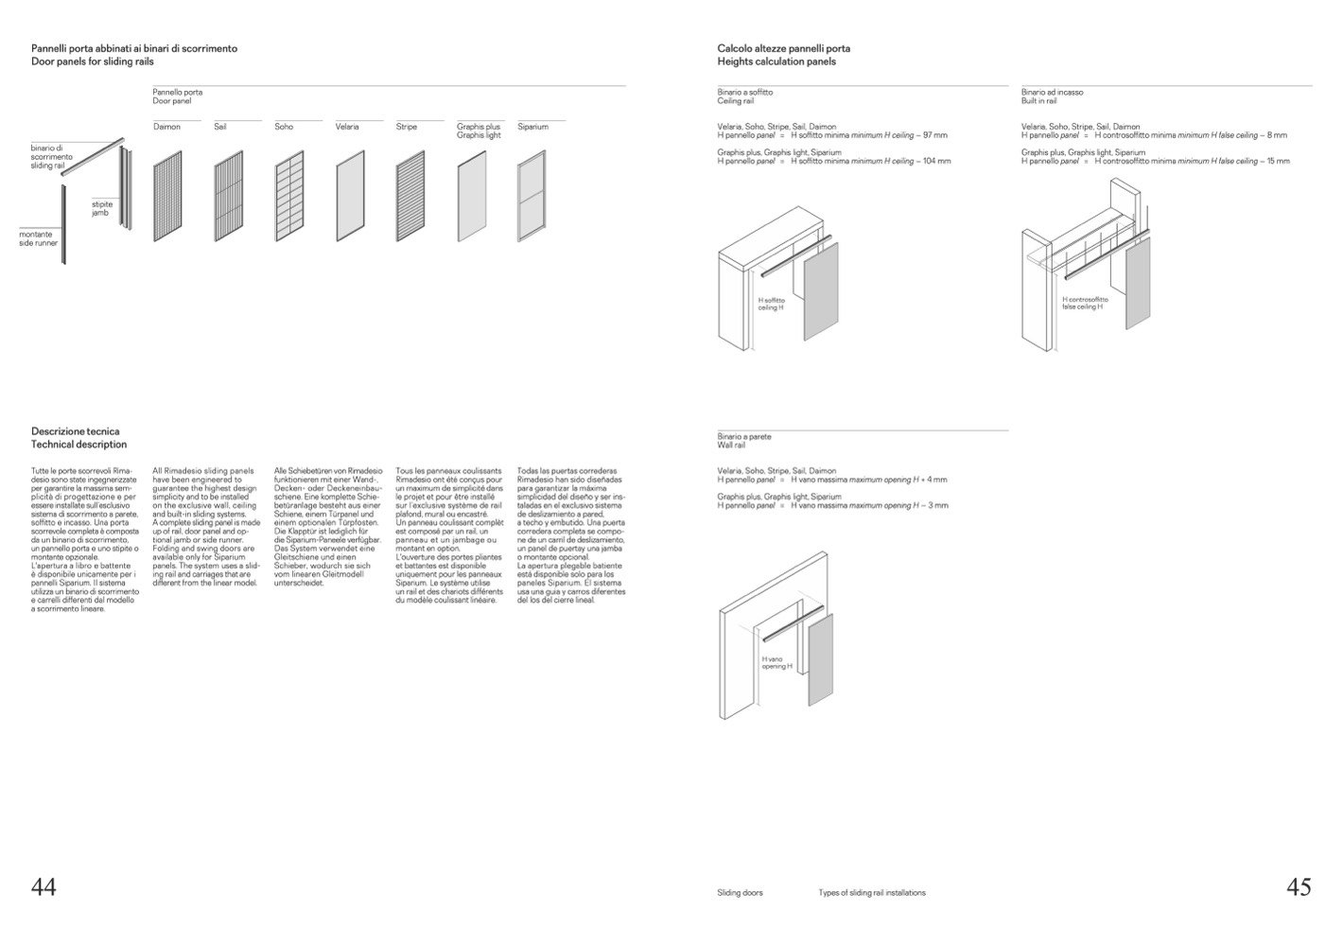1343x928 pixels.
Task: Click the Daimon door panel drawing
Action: click(x=167, y=196)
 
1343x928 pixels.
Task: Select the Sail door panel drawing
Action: click(x=228, y=196)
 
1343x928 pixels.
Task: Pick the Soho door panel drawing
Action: click(x=289, y=196)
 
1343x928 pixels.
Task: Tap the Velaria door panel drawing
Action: click(x=350, y=196)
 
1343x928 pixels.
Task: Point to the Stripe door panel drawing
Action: click(x=410, y=196)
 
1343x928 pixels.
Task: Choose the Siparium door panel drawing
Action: click(x=532, y=196)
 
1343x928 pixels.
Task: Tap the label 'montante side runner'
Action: click(x=39, y=238)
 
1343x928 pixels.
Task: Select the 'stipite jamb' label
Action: click(x=101, y=209)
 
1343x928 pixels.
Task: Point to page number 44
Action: click(x=44, y=886)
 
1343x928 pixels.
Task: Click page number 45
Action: click(x=1299, y=886)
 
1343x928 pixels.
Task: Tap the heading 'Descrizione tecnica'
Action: click(x=76, y=431)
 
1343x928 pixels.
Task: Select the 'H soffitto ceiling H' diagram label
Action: click(x=772, y=304)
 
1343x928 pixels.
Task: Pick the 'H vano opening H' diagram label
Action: click(x=776, y=663)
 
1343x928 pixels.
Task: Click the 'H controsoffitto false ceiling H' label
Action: click(x=1085, y=303)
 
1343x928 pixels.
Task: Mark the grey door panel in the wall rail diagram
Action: click(x=821, y=658)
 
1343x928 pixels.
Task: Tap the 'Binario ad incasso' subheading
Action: click(x=1052, y=93)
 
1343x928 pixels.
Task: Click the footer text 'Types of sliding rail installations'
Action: click(x=872, y=893)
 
